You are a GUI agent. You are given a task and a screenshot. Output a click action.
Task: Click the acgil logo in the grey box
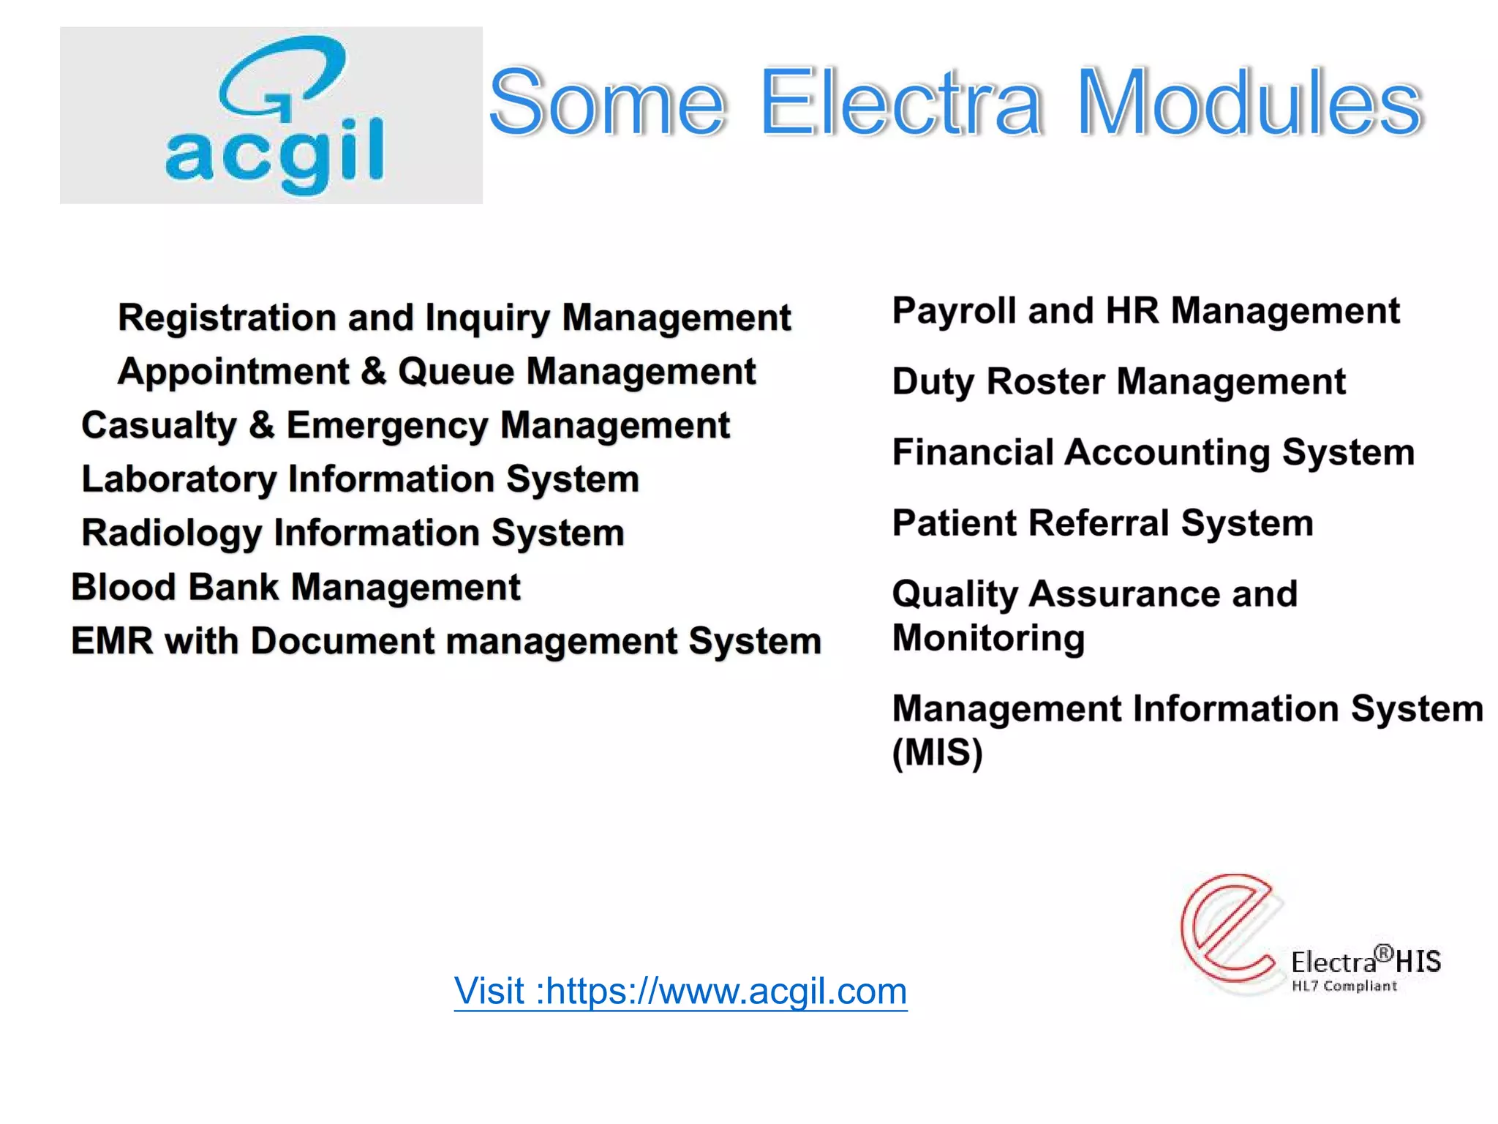pyautogui.click(x=274, y=116)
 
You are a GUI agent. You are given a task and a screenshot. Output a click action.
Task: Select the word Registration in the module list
pyautogui.click(x=227, y=318)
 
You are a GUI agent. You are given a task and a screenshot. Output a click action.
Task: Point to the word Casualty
pyautogui.click(x=159, y=426)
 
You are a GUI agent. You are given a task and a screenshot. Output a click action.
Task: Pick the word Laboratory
pyautogui.click(x=178, y=479)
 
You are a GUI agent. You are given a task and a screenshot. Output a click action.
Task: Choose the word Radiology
pyautogui.click(x=171, y=533)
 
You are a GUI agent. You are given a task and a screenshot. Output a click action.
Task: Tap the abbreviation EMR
pyautogui.click(x=112, y=641)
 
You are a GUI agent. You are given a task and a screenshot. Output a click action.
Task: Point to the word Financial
pyautogui.click(x=973, y=452)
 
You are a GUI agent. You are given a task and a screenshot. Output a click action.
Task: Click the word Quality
pyautogui.click(x=955, y=594)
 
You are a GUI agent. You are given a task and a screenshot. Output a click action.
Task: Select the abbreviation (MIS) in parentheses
pyautogui.click(x=937, y=752)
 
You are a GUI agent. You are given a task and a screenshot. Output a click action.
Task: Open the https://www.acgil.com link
pyautogui.click(x=680, y=992)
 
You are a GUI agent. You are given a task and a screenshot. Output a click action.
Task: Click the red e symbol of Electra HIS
pyautogui.click(x=1229, y=928)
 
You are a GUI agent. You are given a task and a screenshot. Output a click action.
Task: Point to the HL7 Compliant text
pyautogui.click(x=1344, y=986)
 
